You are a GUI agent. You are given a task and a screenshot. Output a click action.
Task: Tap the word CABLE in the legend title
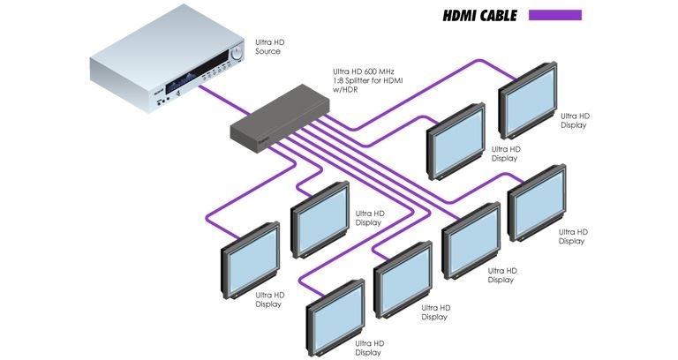500,15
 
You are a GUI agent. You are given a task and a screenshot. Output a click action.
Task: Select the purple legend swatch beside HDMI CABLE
554,15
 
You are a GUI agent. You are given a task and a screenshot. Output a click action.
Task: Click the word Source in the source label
268,51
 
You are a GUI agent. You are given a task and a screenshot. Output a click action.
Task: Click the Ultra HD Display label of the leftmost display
268,299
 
